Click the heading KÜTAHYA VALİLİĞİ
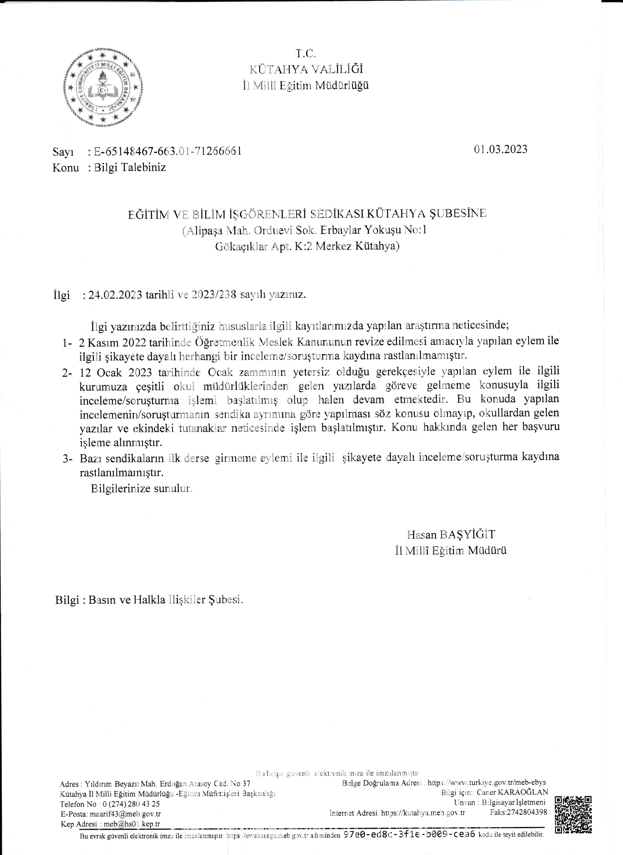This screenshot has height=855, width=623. point(306,69)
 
